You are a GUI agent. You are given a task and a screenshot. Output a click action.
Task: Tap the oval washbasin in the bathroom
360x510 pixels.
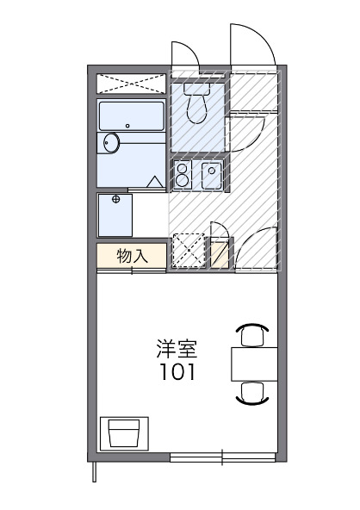pyautogui.click(x=110, y=143)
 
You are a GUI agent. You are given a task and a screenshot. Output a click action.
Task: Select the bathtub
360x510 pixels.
pyautogui.click(x=130, y=117)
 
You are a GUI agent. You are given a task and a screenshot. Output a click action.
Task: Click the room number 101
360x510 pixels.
pyautogui.click(x=177, y=373)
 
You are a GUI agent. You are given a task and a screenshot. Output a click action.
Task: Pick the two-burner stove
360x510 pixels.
pyautogui.click(x=183, y=175)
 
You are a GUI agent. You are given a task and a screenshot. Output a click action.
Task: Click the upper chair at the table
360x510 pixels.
pyautogui.click(x=251, y=333)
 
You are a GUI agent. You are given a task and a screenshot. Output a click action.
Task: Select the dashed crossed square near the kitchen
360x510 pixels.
pyautogui.click(x=189, y=250)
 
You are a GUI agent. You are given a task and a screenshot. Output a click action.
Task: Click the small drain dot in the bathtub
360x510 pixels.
pyautogui.click(x=127, y=126)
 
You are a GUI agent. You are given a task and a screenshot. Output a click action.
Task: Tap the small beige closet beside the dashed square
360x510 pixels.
pyautogui.click(x=221, y=253)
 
